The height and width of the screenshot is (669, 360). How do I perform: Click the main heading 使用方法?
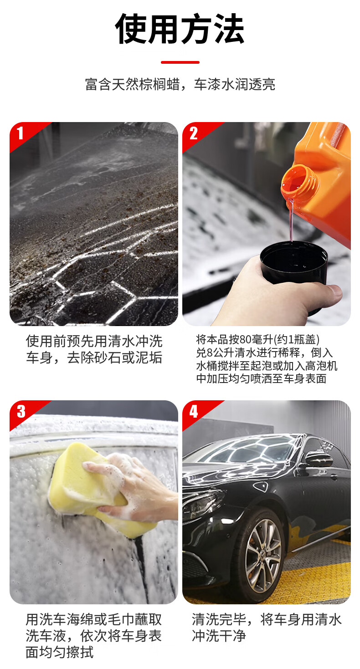180,29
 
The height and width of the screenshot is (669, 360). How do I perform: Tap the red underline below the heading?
180,62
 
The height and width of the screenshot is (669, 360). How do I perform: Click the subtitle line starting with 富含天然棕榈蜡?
180,84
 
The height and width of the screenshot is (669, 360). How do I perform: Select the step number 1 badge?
20,133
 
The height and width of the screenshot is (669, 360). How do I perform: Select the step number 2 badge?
194,133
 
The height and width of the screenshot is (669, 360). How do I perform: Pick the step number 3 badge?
21,412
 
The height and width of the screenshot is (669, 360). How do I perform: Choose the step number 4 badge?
194,412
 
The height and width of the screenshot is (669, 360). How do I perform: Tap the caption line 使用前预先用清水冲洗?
94,341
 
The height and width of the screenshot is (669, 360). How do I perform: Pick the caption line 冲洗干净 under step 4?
219,636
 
